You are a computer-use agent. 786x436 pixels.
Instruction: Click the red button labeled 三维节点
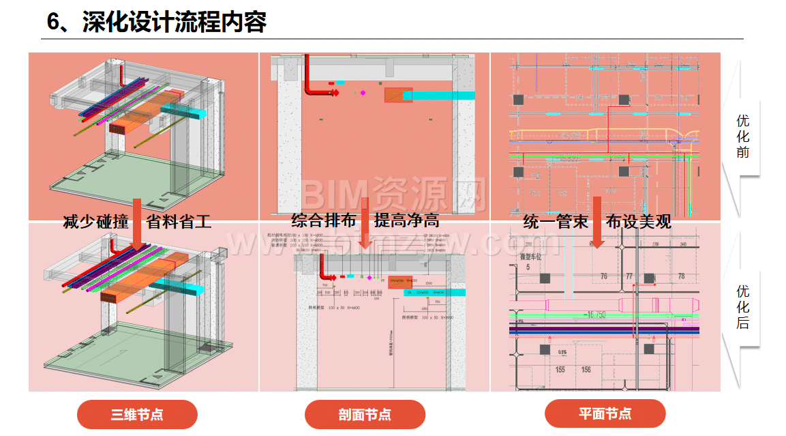pos(137,414)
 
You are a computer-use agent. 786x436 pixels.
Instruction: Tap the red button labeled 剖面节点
pos(365,414)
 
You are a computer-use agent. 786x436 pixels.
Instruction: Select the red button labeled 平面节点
pos(605,413)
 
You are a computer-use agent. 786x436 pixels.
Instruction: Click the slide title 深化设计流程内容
pos(155,22)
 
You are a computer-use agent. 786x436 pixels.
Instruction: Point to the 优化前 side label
pos(742,136)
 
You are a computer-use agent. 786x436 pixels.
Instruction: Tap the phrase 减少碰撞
pos(95,222)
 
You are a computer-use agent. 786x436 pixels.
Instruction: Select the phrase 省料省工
pos(179,222)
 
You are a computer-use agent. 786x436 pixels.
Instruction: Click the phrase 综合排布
pos(323,220)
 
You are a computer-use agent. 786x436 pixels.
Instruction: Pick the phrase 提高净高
pos(407,220)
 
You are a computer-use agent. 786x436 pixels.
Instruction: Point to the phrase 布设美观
pos(638,222)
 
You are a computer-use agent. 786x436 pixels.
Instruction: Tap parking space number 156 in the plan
pos(586,369)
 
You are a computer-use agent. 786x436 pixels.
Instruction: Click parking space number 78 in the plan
pos(680,276)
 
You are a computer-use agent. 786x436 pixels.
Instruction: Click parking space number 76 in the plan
pos(603,276)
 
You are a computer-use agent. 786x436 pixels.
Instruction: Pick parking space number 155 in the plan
pos(560,369)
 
